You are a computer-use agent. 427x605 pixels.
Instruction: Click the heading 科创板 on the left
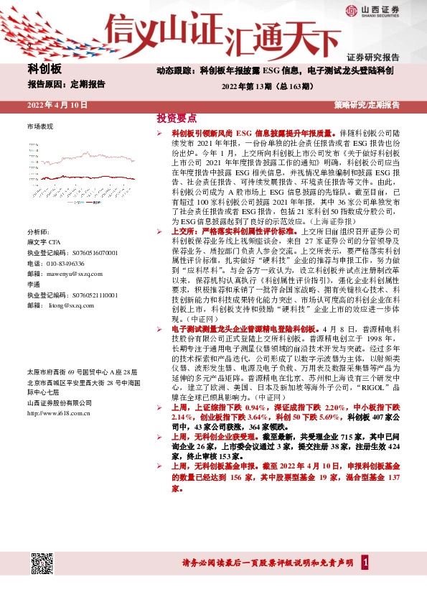pyautogui.click(x=44, y=69)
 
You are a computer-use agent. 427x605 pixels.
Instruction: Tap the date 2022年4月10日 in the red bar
pyautogui.click(x=57, y=105)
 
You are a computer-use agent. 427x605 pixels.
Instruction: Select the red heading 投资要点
pyautogui.click(x=177, y=118)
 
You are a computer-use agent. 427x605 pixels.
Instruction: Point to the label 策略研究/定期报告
pyautogui.click(x=367, y=105)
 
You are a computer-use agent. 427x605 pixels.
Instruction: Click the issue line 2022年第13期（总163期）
pyautogui.click(x=274, y=87)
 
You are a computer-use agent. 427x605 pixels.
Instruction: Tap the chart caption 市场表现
pyautogui.click(x=39, y=126)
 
